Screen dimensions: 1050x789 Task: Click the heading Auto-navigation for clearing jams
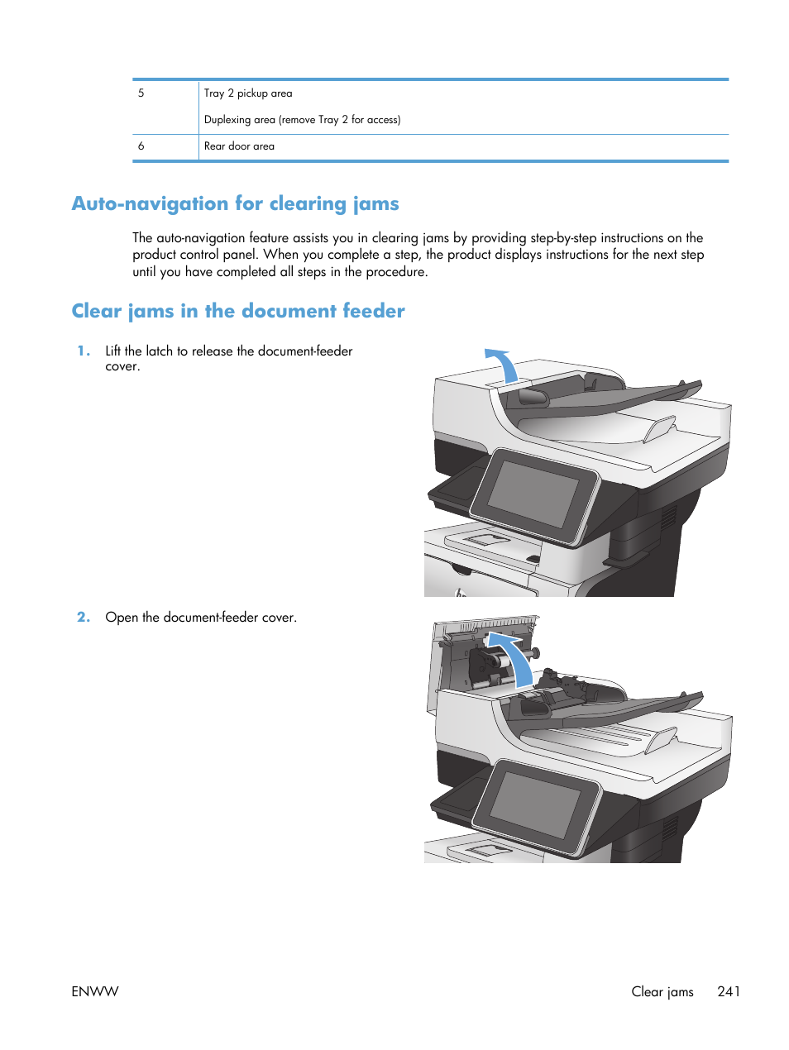(235, 204)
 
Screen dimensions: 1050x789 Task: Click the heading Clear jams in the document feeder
(238, 312)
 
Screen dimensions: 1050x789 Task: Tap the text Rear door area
(239, 146)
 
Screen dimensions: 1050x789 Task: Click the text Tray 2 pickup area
(248, 93)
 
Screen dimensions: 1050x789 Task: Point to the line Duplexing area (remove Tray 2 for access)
(302, 120)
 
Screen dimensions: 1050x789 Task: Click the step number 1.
(83, 351)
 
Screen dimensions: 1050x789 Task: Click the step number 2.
(83, 618)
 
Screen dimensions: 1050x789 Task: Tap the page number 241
(729, 991)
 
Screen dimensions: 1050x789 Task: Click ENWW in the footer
(95, 991)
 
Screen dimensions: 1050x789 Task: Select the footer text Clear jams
(662, 991)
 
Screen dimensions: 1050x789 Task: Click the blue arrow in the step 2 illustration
(514, 657)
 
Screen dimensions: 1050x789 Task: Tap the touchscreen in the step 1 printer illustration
(533, 494)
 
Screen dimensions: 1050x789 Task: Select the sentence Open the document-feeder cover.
(201, 618)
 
